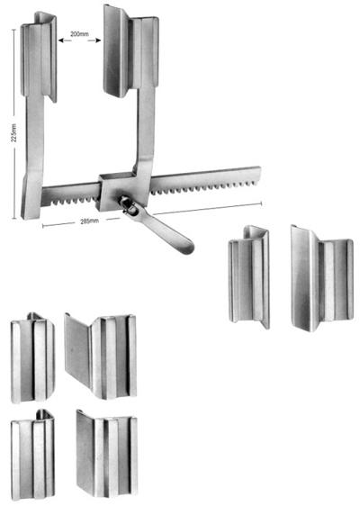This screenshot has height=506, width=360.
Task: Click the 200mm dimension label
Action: (x=79, y=34)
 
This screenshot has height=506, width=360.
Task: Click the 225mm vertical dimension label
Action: (x=13, y=133)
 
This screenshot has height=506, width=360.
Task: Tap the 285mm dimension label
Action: (x=90, y=221)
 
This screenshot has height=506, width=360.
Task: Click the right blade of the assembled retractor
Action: (x=130, y=51)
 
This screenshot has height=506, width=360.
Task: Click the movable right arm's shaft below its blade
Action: (x=145, y=129)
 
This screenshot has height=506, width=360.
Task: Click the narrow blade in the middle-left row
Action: (x=32, y=358)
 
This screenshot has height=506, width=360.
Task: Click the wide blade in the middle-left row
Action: (x=100, y=357)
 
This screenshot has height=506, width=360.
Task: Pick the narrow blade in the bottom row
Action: (x=32, y=455)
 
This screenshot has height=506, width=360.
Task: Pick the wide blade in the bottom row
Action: (x=107, y=455)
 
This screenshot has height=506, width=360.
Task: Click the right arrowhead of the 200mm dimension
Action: (x=98, y=41)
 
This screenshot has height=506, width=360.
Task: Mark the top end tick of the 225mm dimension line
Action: (x=13, y=30)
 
